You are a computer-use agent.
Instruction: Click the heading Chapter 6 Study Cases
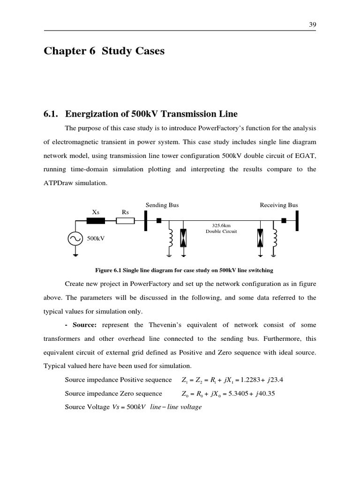pyautogui.click(x=104, y=51)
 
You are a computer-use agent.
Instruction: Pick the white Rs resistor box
pyautogui.click(x=125, y=220)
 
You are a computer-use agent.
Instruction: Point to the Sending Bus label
pyautogui.click(x=162, y=205)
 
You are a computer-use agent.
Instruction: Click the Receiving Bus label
pyautogui.click(x=279, y=205)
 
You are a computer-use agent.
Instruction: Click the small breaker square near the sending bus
pyautogui.click(x=159, y=220)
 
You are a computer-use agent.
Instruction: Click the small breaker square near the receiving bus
pyautogui.click(x=284, y=220)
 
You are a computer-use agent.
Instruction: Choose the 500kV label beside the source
pyautogui.click(x=96, y=239)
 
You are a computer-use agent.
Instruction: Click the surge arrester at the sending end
pyautogui.click(x=183, y=238)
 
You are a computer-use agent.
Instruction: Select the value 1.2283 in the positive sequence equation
pyautogui.click(x=252, y=380)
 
